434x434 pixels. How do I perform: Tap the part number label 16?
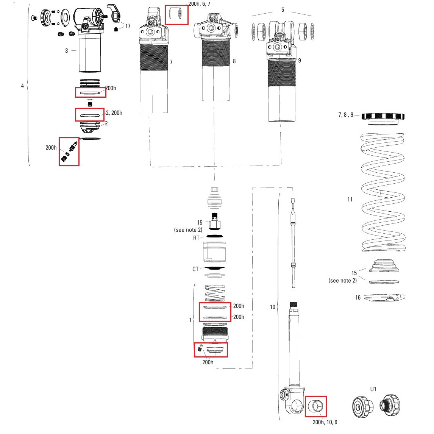point(358,298)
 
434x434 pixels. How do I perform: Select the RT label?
point(196,238)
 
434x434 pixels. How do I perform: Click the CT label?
point(195,269)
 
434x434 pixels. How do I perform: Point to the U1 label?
point(373,389)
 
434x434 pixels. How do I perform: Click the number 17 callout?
point(128,26)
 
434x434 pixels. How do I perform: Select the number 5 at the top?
point(283,10)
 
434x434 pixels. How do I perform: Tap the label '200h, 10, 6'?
point(325,422)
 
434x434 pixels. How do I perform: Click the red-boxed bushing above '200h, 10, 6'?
point(315,406)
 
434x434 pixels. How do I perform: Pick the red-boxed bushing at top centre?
point(176,15)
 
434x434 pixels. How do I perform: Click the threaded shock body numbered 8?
point(215,61)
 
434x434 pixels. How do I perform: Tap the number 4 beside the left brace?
point(22,86)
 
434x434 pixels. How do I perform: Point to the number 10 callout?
point(273,307)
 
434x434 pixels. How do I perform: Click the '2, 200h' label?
point(114,113)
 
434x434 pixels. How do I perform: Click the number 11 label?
point(350,200)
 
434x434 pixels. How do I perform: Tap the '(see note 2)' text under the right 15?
point(342,281)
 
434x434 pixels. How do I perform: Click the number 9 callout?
point(300,61)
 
